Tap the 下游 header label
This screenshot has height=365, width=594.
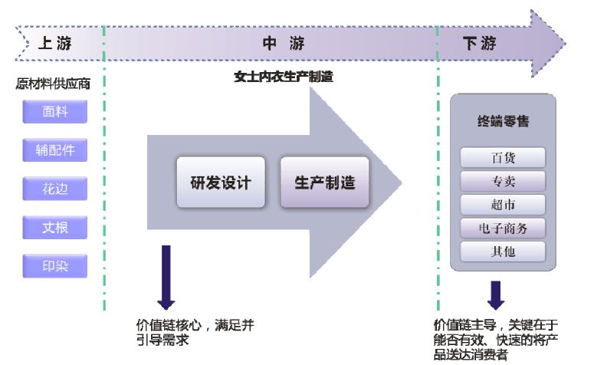pyautogui.click(x=481, y=44)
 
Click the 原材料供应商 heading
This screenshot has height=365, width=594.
pyautogui.click(x=52, y=84)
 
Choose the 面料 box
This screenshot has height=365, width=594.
pyautogui.click(x=54, y=111)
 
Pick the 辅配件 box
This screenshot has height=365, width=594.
pyautogui.click(x=54, y=150)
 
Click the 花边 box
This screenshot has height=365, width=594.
pyautogui.click(x=54, y=189)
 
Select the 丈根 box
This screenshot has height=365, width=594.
pyautogui.click(x=54, y=227)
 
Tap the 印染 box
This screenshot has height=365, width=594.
pyautogui.click(x=54, y=266)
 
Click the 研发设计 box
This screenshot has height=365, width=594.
pyautogui.click(x=221, y=182)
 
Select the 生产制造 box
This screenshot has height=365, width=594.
pyautogui.click(x=325, y=182)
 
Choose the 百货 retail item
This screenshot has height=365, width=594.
pyautogui.click(x=503, y=158)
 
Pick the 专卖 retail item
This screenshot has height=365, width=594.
pyautogui.click(x=503, y=181)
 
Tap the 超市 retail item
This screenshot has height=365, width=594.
pyautogui.click(x=503, y=205)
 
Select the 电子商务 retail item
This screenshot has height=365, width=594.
pyautogui.click(x=503, y=228)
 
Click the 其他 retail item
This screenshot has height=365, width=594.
pyautogui.click(x=503, y=252)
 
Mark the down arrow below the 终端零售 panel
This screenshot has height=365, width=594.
pyautogui.click(x=496, y=295)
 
